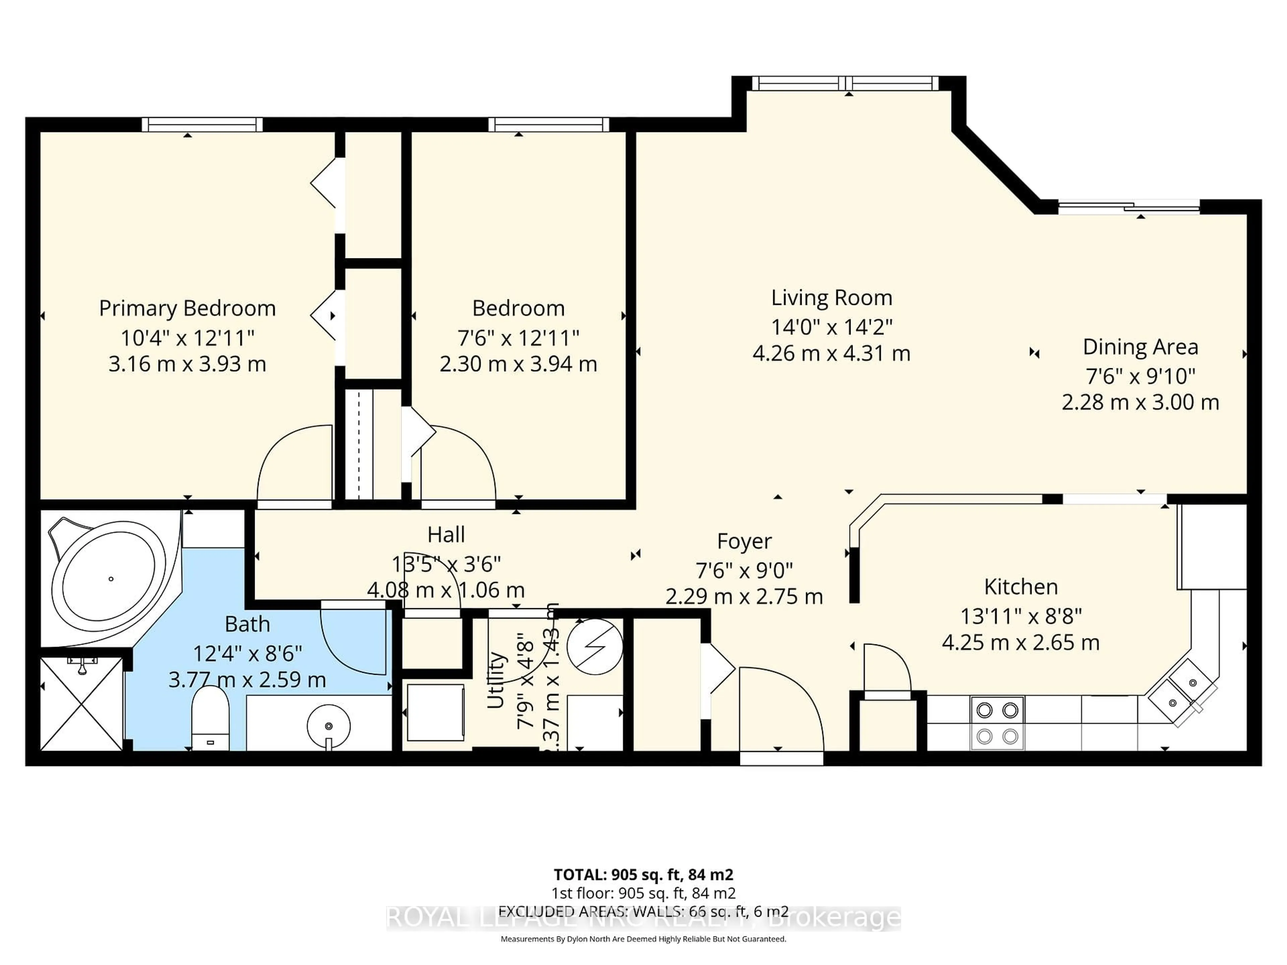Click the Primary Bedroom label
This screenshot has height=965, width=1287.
point(187,308)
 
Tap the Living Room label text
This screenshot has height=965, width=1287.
point(832,298)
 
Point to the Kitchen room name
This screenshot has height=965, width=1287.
point(1021,587)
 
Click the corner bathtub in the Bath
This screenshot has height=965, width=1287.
point(111,579)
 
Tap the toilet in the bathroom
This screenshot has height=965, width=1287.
point(210,718)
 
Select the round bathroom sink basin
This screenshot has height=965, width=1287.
point(329,726)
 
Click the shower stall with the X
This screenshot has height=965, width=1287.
point(81,704)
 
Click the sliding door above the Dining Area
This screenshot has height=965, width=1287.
point(1129,206)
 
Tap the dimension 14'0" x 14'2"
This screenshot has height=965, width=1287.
point(832,327)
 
